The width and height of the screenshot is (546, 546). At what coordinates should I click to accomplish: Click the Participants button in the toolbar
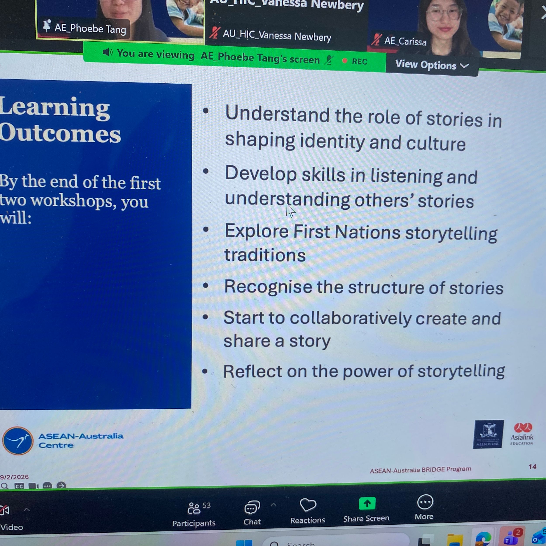coord(194,514)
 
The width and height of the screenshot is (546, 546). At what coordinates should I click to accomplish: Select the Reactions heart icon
coord(308,505)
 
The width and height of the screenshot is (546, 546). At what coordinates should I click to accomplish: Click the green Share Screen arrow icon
coord(367,503)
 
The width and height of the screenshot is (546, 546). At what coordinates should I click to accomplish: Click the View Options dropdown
coord(432,66)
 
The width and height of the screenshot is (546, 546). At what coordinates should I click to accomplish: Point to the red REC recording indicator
coord(354,61)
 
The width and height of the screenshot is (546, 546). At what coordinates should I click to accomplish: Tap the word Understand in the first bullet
coord(277,115)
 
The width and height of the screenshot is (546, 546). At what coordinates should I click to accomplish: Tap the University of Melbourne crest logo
coord(488,434)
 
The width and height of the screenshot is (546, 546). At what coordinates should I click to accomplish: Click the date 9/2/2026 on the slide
coord(14,477)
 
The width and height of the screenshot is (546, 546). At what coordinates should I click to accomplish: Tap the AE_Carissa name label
coord(405,41)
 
